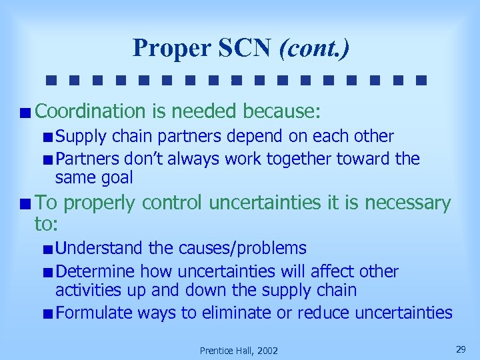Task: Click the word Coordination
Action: tap(90, 110)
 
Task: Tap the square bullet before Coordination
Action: tap(25, 111)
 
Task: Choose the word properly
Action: tap(101, 203)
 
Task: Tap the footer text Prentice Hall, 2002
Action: tap(239, 351)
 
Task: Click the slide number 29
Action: tap(459, 349)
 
